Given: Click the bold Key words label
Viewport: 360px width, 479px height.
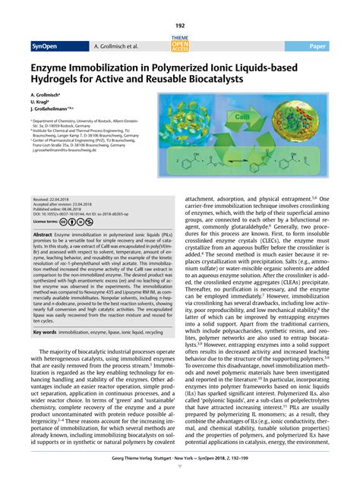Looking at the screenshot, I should [x=46, y=332].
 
